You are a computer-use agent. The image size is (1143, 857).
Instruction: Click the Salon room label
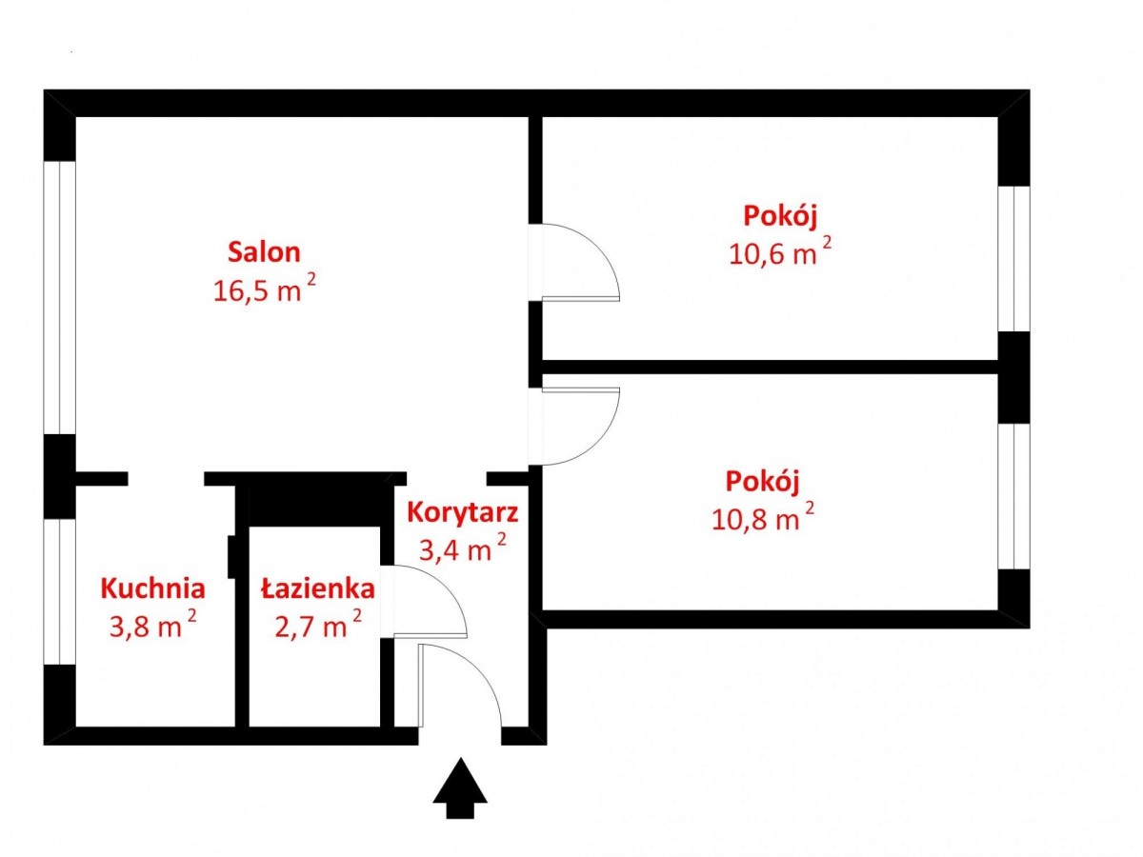264,251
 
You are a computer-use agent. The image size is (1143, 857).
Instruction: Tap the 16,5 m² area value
264,289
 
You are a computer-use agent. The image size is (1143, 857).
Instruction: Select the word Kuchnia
153,588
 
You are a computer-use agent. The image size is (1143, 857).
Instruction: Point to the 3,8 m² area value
153,624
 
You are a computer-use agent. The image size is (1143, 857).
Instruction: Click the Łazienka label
317,588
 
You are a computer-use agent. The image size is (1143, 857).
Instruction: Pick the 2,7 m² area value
317,624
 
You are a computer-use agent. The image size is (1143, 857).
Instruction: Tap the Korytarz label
462,513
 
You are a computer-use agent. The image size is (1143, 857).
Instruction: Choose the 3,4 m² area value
462,548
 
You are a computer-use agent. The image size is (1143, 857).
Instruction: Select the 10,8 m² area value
762,517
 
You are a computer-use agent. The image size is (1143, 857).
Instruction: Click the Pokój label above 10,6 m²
779,216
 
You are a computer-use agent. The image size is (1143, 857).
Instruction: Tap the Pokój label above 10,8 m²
762,481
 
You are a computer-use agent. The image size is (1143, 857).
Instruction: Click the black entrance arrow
460,790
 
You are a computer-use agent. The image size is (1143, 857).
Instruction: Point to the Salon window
59,298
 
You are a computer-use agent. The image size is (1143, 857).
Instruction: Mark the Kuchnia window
59,591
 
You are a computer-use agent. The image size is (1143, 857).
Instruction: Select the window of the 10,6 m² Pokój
1013,259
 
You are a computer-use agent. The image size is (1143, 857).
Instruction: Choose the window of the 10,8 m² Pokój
1013,496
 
